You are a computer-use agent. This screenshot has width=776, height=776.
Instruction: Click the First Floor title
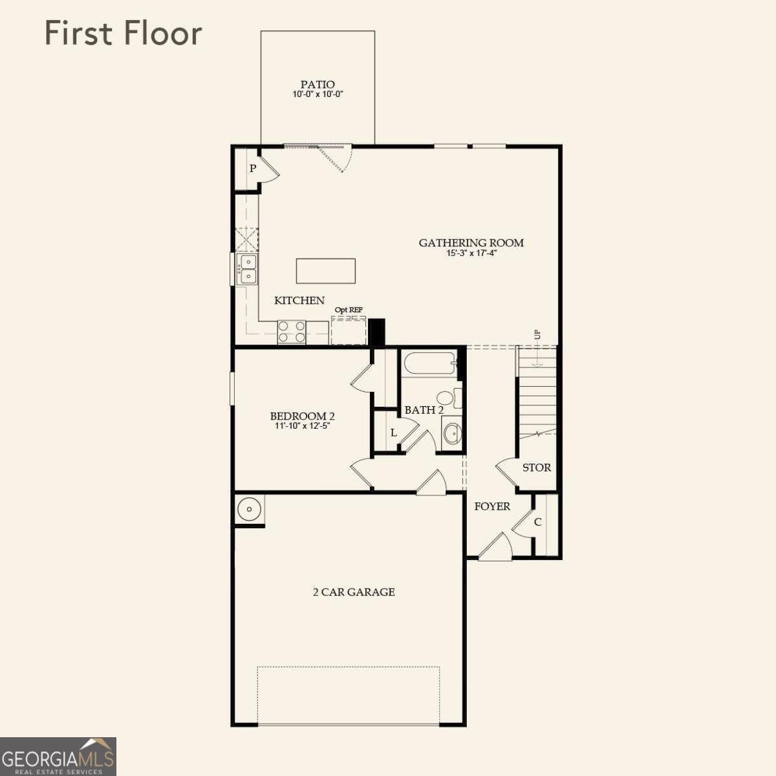click(123, 34)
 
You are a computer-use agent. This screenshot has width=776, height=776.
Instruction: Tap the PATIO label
click(318, 84)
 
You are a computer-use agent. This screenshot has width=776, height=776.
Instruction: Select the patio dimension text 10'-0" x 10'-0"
click(318, 94)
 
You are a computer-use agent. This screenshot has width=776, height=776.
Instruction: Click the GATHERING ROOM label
click(471, 242)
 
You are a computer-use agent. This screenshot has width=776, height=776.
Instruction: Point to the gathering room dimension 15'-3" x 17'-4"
click(471, 253)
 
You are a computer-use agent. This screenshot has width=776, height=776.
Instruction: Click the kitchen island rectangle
click(326, 271)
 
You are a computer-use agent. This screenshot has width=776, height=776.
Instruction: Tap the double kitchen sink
click(247, 269)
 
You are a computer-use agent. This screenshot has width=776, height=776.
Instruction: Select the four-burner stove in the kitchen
click(292, 332)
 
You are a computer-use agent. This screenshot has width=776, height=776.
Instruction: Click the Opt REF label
click(349, 310)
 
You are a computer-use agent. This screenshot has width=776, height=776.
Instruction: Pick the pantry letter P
click(253, 169)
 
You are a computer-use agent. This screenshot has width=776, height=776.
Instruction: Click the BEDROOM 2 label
click(302, 416)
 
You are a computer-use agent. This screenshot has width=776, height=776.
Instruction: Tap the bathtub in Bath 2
click(430, 364)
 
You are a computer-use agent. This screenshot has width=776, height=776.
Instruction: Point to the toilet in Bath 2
click(447, 398)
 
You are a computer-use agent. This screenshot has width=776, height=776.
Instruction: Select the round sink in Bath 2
click(452, 433)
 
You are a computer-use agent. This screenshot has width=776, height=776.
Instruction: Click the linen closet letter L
click(393, 432)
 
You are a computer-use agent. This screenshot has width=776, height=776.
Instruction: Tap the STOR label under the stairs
click(536, 467)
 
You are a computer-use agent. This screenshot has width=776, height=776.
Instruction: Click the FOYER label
click(492, 506)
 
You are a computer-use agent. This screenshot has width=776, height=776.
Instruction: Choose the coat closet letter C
click(537, 522)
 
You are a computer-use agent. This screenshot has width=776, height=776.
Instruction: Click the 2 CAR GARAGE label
click(354, 592)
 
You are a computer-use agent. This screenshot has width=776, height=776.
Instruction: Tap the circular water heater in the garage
click(249, 509)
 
